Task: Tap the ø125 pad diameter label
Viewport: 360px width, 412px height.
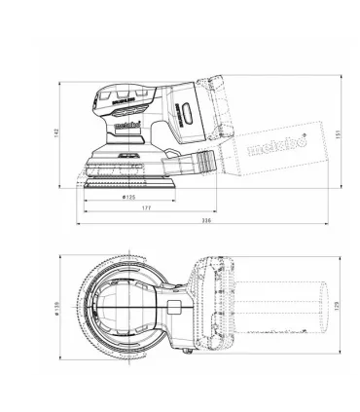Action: click(x=127, y=199)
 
